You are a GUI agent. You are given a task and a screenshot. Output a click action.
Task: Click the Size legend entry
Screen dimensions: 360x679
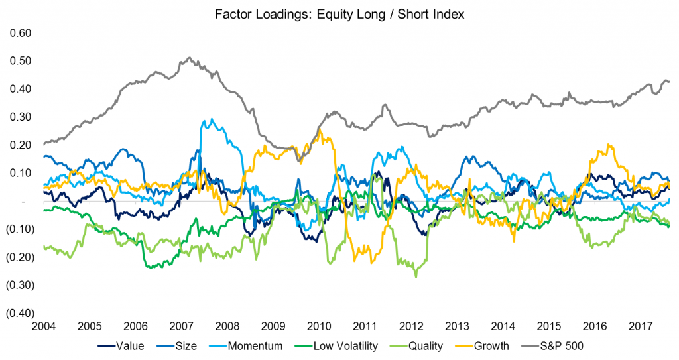pos(188,345)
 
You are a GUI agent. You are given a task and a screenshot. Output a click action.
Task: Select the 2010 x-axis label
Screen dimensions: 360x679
pos(319,326)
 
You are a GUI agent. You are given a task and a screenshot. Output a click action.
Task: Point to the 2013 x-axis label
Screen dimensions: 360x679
pos(457,326)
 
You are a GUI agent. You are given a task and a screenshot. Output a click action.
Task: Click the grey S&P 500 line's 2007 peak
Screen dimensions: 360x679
pos(190,58)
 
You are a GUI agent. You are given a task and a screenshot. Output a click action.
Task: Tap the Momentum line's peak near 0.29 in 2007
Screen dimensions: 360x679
pos(212,120)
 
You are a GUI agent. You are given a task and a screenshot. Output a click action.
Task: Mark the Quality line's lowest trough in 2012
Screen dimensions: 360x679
pos(416,276)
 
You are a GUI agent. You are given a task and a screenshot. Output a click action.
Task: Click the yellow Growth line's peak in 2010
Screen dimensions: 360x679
pos(320,129)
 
